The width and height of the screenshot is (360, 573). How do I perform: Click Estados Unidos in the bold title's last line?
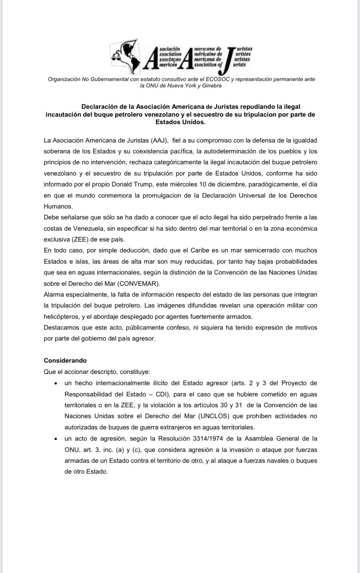(180, 122)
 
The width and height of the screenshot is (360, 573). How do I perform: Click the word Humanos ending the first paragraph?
(58, 206)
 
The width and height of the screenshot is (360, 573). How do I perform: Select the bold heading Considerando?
(65, 360)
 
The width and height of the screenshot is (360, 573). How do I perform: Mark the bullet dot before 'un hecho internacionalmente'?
(55, 384)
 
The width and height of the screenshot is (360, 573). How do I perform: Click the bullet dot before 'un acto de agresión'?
(55, 439)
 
